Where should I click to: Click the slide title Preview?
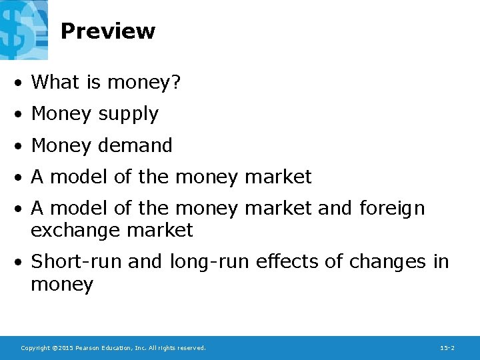tap(107, 31)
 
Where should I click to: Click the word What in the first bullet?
tap(55, 82)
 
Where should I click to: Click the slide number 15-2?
tap(447, 348)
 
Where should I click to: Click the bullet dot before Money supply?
tap(21, 115)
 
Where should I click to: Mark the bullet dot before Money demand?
tap(21, 145)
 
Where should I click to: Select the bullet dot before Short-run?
tap(21, 262)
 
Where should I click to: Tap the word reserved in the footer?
tap(191, 348)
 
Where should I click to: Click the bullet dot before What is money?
tap(21, 83)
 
